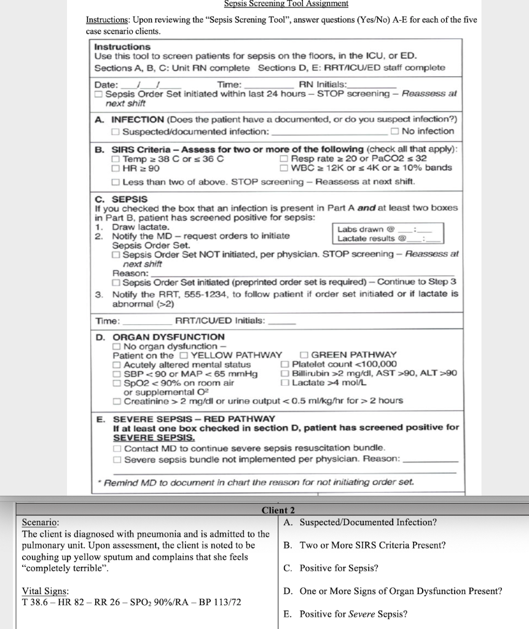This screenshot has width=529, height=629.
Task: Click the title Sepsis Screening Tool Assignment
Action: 286,4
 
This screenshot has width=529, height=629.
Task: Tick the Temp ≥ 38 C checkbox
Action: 115,158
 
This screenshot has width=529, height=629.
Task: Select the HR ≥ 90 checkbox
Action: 115,168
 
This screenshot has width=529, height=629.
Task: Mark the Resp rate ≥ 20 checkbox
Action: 284,158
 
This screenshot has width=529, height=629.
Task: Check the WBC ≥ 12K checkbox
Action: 284,168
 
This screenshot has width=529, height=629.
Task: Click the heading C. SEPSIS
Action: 121,199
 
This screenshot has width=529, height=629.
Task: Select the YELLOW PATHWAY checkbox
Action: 184,355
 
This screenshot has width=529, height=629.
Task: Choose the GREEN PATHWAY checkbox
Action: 304,355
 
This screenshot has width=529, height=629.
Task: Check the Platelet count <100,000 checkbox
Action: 284,364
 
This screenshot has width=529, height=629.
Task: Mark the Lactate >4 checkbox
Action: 284,382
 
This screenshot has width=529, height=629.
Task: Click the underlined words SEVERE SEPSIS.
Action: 143,438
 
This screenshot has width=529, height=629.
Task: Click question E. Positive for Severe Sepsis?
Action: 345,614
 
